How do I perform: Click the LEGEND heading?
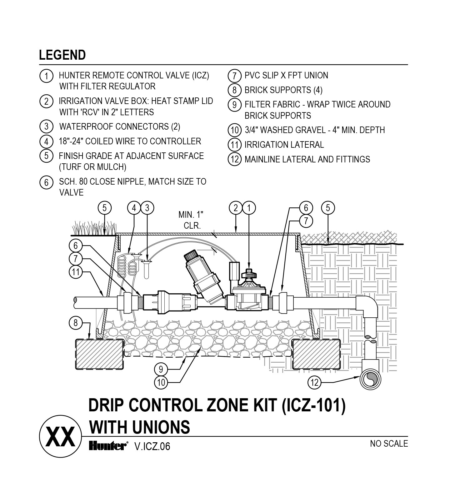coord(62,55)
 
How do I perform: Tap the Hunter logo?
coord(108,446)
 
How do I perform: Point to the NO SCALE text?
coord(389,444)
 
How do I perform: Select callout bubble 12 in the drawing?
coord(314,382)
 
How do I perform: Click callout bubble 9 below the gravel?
coord(161,370)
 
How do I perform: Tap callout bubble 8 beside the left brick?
coord(75,323)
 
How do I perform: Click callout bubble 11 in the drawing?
coord(75,272)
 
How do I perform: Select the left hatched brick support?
coord(100,355)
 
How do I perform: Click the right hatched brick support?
coord(316,354)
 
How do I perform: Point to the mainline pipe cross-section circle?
coord(371,379)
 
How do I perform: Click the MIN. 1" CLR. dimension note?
coord(191,220)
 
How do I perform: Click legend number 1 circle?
coord(46,76)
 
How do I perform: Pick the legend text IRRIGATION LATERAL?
coord(284,145)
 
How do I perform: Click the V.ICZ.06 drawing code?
coord(152,447)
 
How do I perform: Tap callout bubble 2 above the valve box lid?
coord(236,208)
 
